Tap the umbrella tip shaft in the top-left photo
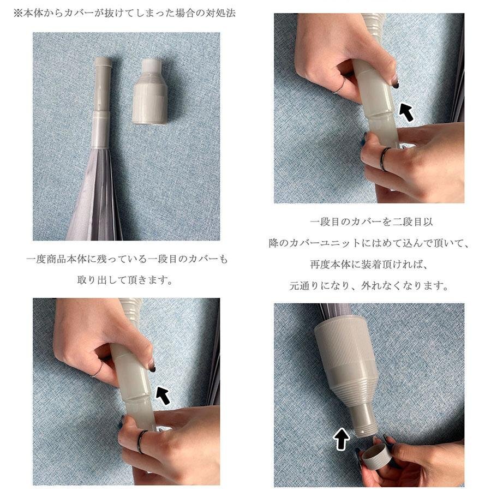point(102,102)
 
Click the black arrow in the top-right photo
point(406,113)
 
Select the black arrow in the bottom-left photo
point(163,395)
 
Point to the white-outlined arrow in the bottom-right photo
point(341,439)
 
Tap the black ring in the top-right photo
point(384,159)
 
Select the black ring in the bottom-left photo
point(141,441)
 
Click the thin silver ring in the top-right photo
point(339,86)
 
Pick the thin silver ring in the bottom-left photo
point(98,369)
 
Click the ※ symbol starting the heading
point(18,13)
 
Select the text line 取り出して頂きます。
point(125,280)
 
